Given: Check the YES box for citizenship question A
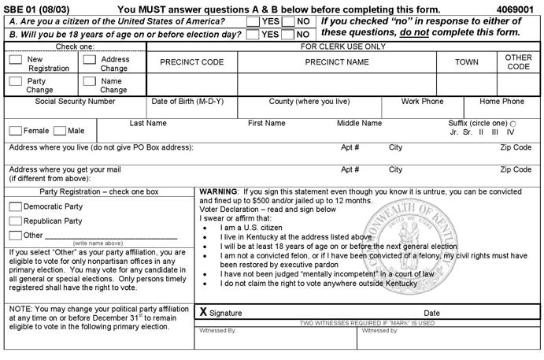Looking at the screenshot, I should click(253, 21).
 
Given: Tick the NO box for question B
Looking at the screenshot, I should click(289, 34).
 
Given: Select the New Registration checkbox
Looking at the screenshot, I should click(15, 59).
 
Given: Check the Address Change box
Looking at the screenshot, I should click(89, 59).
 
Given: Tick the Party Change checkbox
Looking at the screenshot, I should click(15, 81).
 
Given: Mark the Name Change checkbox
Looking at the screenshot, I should click(89, 81).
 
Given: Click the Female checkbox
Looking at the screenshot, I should click(15, 131).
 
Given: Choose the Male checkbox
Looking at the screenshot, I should click(60, 131).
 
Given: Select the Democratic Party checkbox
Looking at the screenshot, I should click(15, 206).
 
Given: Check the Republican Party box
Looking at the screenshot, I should click(15, 221).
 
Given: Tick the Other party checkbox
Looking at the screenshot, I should click(15, 235).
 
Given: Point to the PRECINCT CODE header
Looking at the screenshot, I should click(191, 62).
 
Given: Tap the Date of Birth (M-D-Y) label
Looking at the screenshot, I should click(187, 102).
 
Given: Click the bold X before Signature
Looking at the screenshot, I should click(203, 312).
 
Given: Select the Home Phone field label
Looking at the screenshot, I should click(501, 102).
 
